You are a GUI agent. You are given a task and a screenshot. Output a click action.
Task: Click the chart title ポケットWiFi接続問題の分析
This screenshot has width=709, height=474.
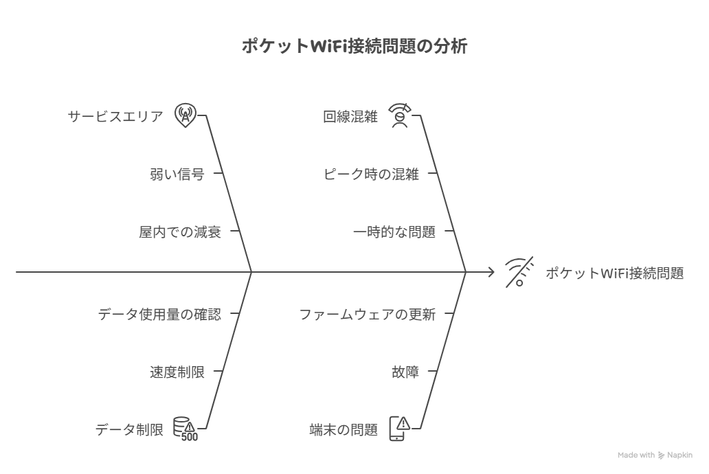tap(354, 46)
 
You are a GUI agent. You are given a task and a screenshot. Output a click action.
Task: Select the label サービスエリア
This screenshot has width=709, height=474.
tap(115, 117)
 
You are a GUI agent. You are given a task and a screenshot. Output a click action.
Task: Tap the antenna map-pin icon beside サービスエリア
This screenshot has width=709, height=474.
tap(185, 115)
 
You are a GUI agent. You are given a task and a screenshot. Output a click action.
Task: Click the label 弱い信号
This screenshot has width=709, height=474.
tap(177, 174)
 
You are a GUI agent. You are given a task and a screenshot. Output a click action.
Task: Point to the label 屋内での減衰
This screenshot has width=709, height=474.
tap(180, 232)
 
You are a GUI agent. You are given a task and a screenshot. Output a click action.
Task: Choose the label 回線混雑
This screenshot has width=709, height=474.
tap(350, 117)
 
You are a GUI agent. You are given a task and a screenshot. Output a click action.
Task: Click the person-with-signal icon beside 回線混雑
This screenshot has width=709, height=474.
tap(400, 116)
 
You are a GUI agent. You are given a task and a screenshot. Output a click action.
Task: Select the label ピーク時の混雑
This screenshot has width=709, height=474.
tap(371, 174)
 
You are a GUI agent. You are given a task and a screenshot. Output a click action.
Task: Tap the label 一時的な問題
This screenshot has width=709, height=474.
tap(394, 232)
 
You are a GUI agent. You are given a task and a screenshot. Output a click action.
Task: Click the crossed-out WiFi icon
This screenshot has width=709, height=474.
tap(519, 272)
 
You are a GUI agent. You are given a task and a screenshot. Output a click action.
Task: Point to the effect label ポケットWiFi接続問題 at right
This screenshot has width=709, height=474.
tap(614, 273)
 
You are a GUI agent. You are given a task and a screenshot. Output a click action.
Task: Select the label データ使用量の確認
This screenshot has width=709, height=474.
tap(159, 314)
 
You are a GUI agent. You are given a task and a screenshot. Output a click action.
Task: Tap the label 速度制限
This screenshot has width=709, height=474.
tap(177, 372)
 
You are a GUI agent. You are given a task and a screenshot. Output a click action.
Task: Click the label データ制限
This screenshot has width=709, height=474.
tap(129, 429)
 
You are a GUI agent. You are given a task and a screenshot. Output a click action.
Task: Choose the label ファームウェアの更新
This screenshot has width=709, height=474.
tap(367, 314)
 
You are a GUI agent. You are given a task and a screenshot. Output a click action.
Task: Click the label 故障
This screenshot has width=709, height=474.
tap(405, 372)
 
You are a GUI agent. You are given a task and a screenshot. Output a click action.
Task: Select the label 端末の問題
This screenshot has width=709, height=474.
tap(344, 429)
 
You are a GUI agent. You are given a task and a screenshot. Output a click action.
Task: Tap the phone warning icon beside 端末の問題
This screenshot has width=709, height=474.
tap(400, 429)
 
